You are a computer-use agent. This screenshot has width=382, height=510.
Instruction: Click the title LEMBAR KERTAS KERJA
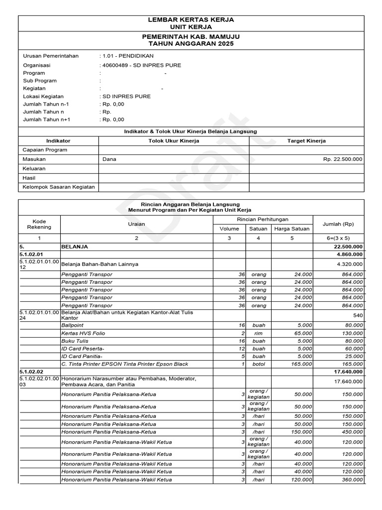click(x=191, y=19)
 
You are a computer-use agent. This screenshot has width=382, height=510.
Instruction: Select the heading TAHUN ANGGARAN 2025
click(x=191, y=44)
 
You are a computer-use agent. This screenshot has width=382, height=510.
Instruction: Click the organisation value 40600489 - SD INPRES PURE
click(x=140, y=65)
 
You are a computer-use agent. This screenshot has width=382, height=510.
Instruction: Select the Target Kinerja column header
click(x=306, y=141)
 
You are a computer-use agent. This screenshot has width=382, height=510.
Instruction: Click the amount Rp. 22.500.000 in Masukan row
click(x=343, y=159)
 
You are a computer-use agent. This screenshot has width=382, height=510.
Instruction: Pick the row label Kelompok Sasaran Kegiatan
click(x=59, y=187)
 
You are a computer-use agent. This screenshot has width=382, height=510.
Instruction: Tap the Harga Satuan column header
click(x=292, y=229)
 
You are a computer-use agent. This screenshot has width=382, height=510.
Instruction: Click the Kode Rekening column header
click(x=39, y=224)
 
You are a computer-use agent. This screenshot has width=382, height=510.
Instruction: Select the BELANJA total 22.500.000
click(x=348, y=247)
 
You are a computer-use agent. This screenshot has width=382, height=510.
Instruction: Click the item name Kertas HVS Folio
click(x=83, y=333)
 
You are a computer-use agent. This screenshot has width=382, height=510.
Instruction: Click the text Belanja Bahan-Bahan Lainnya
click(x=99, y=263)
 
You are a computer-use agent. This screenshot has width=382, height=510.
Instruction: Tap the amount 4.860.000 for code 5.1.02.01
click(x=349, y=254)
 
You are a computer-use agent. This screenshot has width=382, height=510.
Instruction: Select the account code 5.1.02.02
click(x=31, y=372)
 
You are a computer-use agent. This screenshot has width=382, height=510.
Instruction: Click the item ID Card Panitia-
click(x=82, y=357)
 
